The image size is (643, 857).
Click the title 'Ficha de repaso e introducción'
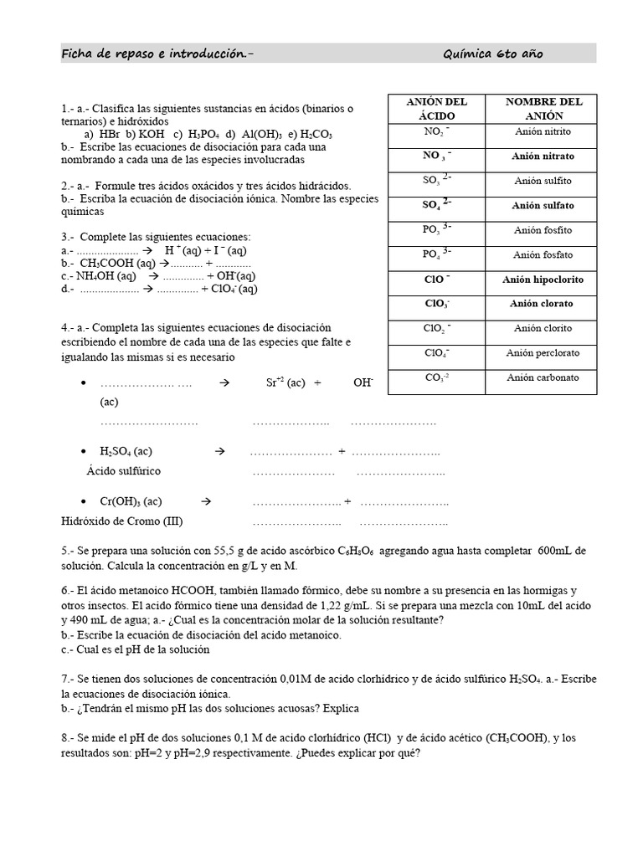click(156, 54)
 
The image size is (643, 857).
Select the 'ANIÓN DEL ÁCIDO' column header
click(436, 109)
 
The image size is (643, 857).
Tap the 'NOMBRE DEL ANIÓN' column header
click(543, 109)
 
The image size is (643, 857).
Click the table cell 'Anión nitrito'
click(543, 132)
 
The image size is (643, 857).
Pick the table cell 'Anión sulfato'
click(543, 205)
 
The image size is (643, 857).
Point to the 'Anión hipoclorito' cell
click(543, 280)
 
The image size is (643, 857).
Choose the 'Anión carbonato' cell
click(543, 378)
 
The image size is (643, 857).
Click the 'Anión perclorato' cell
click(543, 353)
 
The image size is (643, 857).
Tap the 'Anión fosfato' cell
click(543, 254)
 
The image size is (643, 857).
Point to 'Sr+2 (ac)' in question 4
click(285, 382)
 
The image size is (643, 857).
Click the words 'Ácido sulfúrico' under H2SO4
click(123, 471)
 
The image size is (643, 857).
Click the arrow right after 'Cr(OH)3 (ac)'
click(206, 501)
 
